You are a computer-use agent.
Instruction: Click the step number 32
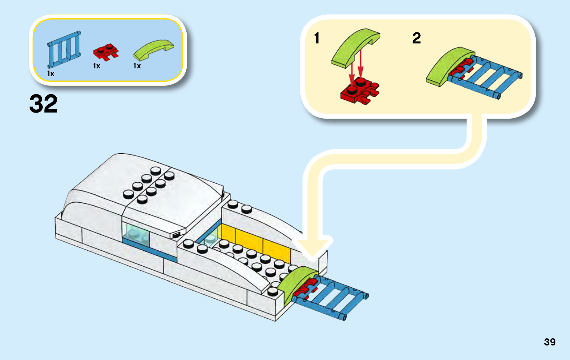pos(43,104)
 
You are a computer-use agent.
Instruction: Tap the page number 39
pos(549,342)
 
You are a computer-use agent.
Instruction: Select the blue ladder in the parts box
pos(64,49)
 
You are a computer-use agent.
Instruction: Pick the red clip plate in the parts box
pos(105,52)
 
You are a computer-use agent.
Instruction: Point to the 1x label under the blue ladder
pos(51,74)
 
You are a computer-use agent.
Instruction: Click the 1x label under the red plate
pos(97,66)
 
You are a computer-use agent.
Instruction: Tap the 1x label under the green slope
pos(137,66)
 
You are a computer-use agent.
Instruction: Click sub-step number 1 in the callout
pos(317,38)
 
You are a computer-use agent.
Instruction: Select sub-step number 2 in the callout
pos(416,38)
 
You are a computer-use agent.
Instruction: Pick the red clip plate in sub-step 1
pos(359,91)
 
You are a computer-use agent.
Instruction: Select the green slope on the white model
pos(294,283)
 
